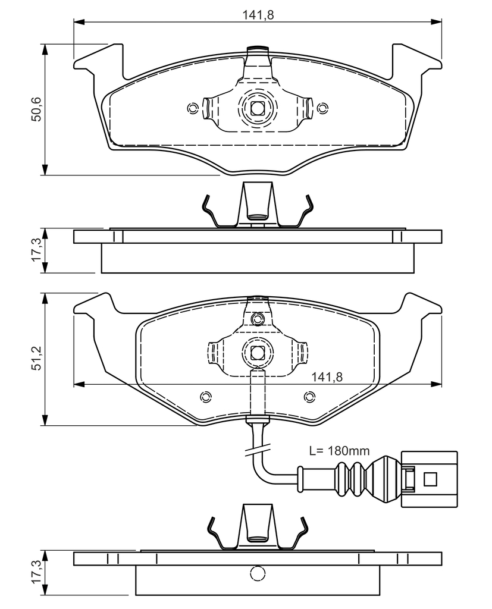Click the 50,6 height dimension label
tap(37, 109)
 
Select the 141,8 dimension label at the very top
tap(258, 15)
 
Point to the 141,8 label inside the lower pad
tap(327, 376)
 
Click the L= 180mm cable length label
tap(339, 451)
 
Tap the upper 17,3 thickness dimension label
tap(37, 250)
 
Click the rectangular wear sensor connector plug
tap(430, 479)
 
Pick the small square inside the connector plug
tap(430, 479)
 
